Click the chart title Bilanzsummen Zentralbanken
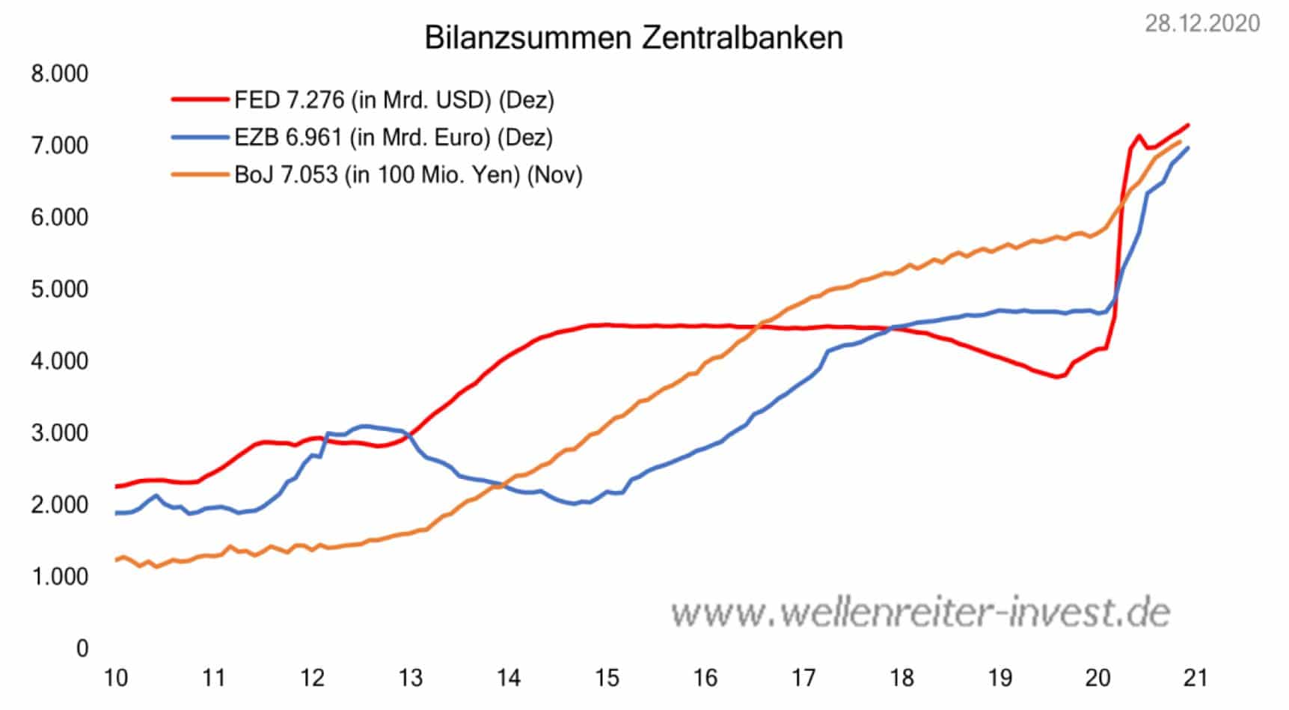click(634, 37)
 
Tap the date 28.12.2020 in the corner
click(1202, 23)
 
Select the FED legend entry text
click(394, 100)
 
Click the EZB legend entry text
click(394, 137)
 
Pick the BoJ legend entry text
click(408, 174)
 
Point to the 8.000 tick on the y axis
click(59, 73)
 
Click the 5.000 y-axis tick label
click(59, 289)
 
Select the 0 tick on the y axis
click(82, 648)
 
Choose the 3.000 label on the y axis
click(59, 432)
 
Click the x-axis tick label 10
click(116, 678)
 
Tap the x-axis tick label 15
click(607, 678)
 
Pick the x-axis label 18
click(902, 678)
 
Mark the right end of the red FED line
click(1188, 125)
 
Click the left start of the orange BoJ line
click(116, 560)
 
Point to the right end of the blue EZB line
click(1188, 148)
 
